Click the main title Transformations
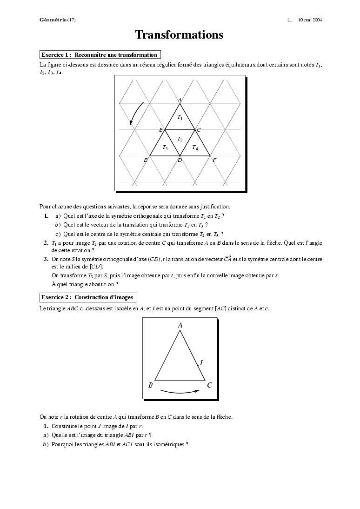179,35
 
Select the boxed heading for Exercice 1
100,54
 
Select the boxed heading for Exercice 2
87,297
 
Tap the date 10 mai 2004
310,20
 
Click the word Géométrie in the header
53,20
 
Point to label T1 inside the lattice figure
180,118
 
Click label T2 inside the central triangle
180,139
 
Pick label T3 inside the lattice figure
165,147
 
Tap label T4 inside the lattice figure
195,147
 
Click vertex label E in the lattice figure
146,160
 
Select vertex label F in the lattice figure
214,160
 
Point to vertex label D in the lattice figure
180,161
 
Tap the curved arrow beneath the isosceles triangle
180,392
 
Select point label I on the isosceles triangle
201,362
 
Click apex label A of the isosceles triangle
180,326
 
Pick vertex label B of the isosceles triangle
150,385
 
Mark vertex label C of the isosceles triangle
210,385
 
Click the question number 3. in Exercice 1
46,259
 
